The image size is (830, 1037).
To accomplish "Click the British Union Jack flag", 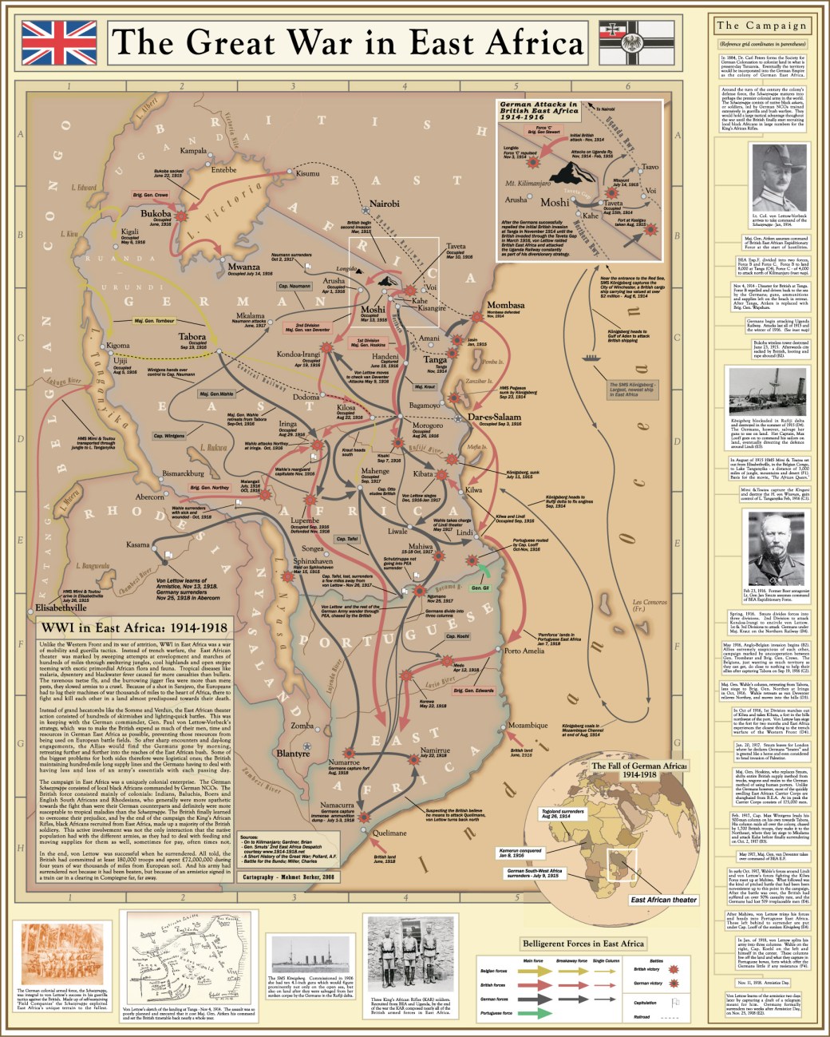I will click(59, 42).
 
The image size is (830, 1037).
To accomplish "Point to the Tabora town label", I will click(192, 337).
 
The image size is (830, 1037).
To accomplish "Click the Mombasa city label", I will click(506, 305).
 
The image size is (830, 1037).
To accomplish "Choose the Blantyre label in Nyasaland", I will click(292, 753).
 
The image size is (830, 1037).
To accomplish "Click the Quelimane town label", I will click(389, 833).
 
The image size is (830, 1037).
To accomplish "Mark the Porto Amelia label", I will click(524, 651).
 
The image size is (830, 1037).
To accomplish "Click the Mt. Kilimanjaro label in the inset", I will click(531, 184).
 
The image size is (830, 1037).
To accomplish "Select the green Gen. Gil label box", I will click(480, 588).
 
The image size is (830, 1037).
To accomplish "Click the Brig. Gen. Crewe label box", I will click(151, 195).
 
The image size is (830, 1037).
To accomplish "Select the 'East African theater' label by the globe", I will click(663, 900).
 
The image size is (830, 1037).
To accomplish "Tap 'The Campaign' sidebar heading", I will click(761, 26).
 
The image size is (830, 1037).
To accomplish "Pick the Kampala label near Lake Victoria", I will click(193, 150).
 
